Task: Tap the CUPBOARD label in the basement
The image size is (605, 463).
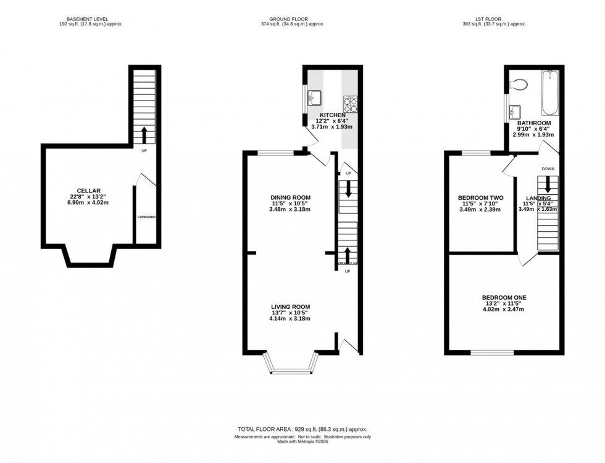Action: pyautogui.click(x=146, y=217)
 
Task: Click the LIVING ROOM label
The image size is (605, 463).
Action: pyautogui.click(x=290, y=306)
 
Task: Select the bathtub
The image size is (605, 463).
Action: pyautogui.click(x=549, y=94)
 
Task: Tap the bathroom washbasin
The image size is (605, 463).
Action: pyautogui.click(x=515, y=112)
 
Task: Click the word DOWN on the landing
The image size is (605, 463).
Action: pyautogui.click(x=548, y=168)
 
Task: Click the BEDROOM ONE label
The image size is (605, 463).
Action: pyautogui.click(x=503, y=298)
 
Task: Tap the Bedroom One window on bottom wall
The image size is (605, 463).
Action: pyautogui.click(x=491, y=353)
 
